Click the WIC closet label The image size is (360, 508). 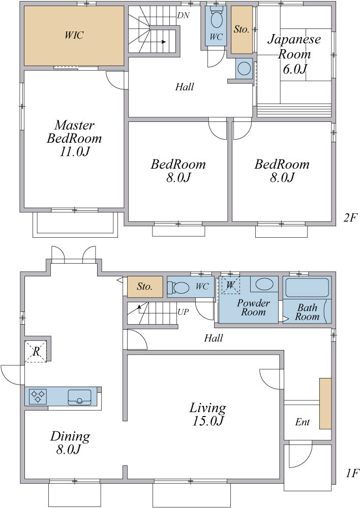click(74, 35)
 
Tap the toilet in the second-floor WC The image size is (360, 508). click(216, 18)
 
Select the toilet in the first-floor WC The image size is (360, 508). click(178, 287)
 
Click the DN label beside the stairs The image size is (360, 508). click(184, 16)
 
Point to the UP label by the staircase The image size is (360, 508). click(183, 312)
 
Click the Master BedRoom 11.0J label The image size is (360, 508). click(74, 138)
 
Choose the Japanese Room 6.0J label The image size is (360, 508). click(294, 54)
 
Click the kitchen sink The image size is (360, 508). click(79, 397)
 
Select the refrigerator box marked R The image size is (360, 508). click(36, 351)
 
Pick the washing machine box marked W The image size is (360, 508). click(230, 285)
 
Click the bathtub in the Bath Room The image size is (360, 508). click(307, 288)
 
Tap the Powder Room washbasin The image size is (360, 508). click(264, 284)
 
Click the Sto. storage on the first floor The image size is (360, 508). click(144, 287)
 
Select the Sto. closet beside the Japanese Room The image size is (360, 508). click(242, 30)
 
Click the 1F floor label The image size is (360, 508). click(351, 473)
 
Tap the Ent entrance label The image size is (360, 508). click(302, 422)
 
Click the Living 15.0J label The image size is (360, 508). click(207, 414)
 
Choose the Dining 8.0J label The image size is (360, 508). click(70, 442)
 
